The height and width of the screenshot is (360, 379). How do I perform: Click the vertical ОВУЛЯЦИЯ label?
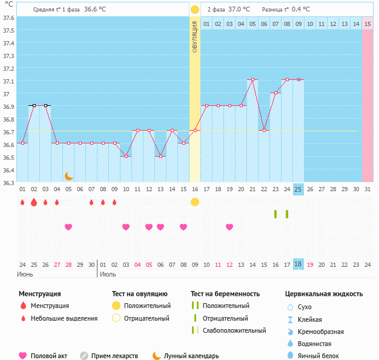(x=194, y=36)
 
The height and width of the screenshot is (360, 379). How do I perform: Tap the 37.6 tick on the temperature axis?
(x=8, y=18)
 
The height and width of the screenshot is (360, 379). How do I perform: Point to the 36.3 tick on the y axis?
(x=8, y=182)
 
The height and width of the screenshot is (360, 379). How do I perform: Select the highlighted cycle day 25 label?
(x=298, y=189)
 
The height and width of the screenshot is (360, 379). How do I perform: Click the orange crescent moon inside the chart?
(x=68, y=175)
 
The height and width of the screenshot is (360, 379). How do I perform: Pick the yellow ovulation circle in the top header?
(x=194, y=10)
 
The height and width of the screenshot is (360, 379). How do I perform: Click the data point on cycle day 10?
(x=126, y=156)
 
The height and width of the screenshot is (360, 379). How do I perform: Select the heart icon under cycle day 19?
(x=229, y=227)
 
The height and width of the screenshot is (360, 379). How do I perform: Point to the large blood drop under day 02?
(x=34, y=202)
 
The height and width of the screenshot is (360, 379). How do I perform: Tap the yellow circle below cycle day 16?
(x=194, y=202)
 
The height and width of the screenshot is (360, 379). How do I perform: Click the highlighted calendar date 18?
(x=298, y=264)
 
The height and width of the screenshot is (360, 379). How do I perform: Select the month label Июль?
(x=107, y=274)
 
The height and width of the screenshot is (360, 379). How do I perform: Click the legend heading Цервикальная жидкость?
(x=324, y=294)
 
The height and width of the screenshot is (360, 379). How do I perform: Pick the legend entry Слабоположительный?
(x=234, y=330)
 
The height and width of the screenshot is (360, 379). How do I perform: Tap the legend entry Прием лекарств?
(x=114, y=356)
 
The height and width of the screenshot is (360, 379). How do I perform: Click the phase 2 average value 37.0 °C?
(x=239, y=9)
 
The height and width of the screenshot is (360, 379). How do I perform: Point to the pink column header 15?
(x=367, y=24)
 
